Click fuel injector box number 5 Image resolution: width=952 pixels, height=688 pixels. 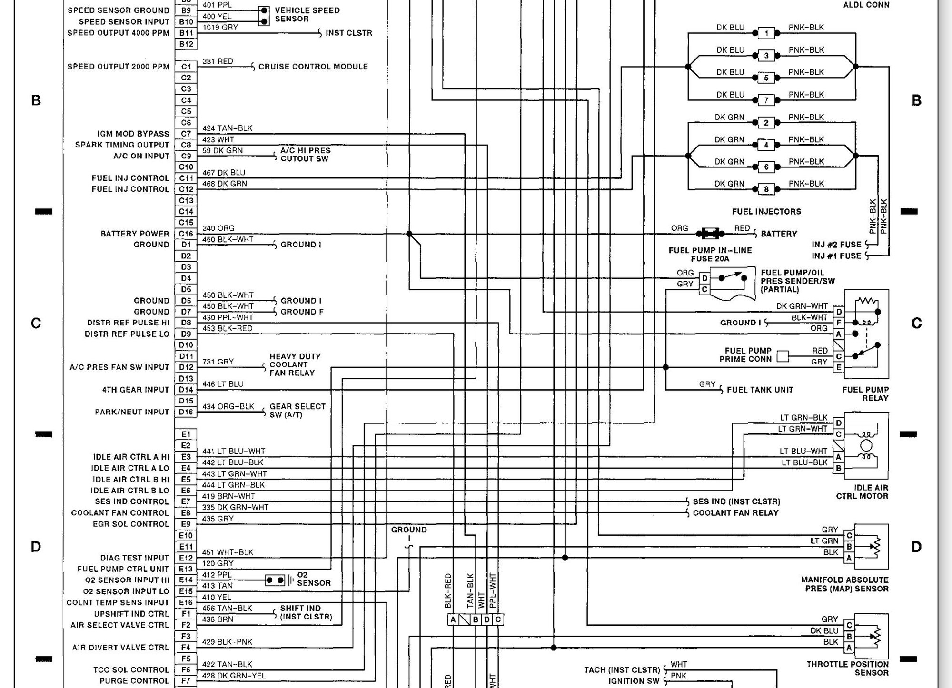(766, 78)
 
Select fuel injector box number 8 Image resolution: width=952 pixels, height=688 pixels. (766, 189)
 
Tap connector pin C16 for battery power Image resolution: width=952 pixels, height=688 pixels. (186, 234)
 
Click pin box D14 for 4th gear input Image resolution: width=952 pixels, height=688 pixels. (186, 390)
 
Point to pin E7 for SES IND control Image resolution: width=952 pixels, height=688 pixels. (186, 501)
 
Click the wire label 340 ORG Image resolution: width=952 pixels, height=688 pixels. (218, 228)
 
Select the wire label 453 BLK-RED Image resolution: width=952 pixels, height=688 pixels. (228, 328)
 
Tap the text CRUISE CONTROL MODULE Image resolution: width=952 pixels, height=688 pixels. (313, 67)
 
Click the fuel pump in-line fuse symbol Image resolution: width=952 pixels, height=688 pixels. (710, 234)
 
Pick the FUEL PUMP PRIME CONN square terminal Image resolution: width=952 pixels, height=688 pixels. (783, 356)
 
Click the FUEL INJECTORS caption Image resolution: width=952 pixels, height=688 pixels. (766, 211)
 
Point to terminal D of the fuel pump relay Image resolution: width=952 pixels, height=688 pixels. (839, 312)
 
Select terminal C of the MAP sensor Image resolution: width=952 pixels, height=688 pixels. (849, 536)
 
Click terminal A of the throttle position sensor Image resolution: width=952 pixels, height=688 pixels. (849, 648)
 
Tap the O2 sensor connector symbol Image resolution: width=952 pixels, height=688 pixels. (275, 580)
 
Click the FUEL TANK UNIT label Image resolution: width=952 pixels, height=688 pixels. (760, 390)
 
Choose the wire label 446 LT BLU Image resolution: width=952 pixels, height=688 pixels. (223, 384)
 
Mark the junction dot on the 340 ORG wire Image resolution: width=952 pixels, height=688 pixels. (409, 234)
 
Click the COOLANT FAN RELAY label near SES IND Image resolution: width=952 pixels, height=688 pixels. (735, 513)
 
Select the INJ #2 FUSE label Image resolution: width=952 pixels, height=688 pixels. (836, 245)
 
